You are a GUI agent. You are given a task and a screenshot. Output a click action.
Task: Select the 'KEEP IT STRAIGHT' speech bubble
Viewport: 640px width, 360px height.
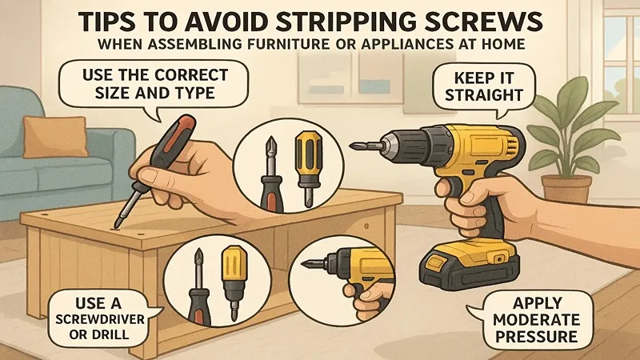point(484,86)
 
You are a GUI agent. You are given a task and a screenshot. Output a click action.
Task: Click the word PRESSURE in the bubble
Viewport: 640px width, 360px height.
point(536,337)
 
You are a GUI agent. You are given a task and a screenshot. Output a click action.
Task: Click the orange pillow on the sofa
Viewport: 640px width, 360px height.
point(55,136)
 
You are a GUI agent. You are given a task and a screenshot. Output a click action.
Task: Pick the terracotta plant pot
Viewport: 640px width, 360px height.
point(566,188)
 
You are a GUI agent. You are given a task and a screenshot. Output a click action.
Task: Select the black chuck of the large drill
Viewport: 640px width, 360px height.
point(410,145)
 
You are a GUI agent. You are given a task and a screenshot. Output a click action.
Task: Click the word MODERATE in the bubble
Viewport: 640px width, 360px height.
point(536,319)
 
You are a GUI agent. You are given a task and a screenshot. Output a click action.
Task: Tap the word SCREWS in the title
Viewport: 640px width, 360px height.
point(483,22)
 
